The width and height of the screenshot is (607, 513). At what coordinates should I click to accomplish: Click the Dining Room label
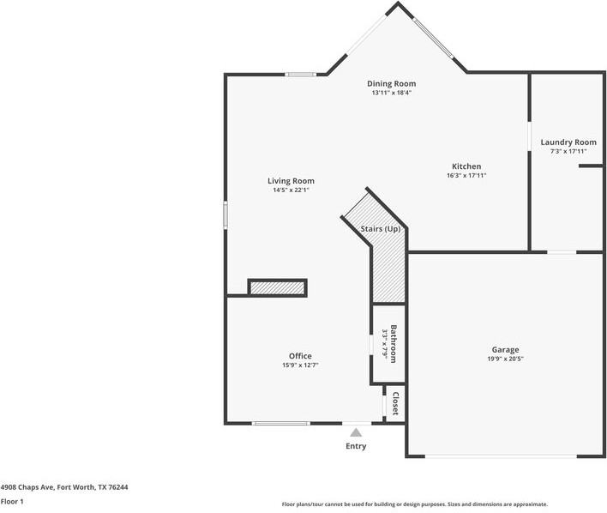click(x=391, y=83)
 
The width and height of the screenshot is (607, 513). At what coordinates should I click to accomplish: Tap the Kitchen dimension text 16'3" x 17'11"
click(x=466, y=175)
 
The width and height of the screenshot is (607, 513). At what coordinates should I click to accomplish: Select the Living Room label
click(x=291, y=181)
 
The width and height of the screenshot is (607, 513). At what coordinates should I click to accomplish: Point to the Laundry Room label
click(x=568, y=142)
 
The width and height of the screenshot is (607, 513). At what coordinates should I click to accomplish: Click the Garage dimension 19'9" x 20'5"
click(x=505, y=359)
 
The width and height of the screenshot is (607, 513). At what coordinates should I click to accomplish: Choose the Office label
click(x=300, y=356)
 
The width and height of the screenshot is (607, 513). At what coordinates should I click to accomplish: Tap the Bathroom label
click(x=394, y=344)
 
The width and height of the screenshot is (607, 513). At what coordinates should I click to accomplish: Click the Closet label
click(x=395, y=403)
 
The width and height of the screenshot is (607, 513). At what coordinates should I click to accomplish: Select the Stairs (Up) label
click(x=381, y=229)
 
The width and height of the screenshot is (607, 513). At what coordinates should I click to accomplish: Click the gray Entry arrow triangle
click(x=356, y=432)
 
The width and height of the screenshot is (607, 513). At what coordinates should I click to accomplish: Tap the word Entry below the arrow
click(x=356, y=446)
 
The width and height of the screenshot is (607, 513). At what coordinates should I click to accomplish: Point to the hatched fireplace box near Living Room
click(x=277, y=288)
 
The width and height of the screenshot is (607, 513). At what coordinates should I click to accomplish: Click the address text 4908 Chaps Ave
click(x=27, y=487)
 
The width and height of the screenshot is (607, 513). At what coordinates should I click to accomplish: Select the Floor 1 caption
click(x=12, y=501)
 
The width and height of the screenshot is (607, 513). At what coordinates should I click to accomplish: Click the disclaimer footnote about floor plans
click(x=415, y=504)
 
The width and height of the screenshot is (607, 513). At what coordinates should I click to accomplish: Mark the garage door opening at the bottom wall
click(x=502, y=456)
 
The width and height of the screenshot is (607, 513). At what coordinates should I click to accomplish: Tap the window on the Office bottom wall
click(x=281, y=423)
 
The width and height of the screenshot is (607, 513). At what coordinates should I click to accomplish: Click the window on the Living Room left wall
click(x=225, y=215)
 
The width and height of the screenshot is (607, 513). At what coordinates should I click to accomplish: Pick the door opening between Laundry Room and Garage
click(x=562, y=252)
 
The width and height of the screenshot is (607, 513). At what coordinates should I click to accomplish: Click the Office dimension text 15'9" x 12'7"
click(x=300, y=365)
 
